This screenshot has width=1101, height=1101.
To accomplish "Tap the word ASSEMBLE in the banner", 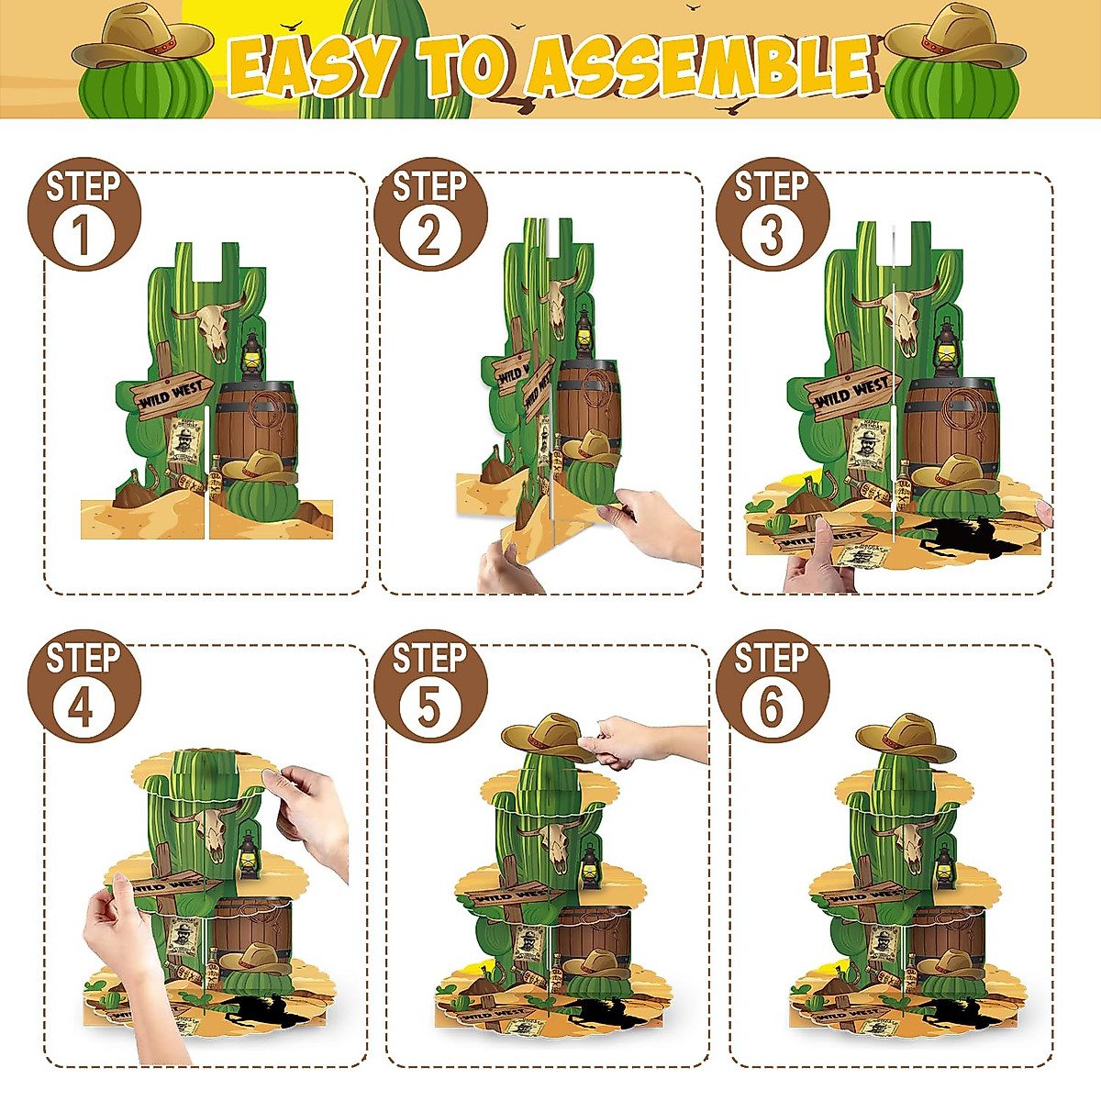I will point(701,67).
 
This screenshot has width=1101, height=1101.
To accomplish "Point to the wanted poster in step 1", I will point(186,443).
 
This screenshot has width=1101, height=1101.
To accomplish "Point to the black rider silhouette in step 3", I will point(963,537).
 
